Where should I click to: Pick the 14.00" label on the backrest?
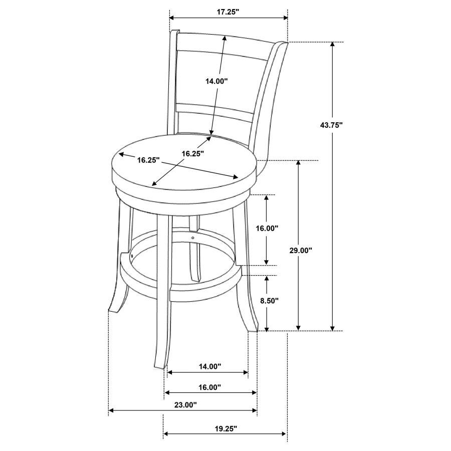coord(216,81)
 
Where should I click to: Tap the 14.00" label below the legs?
coord(209,366)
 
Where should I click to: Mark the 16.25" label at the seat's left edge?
coord(148,160)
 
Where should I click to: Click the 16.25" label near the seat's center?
coord(193,154)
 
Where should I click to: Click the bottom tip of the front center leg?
coord(159,367)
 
